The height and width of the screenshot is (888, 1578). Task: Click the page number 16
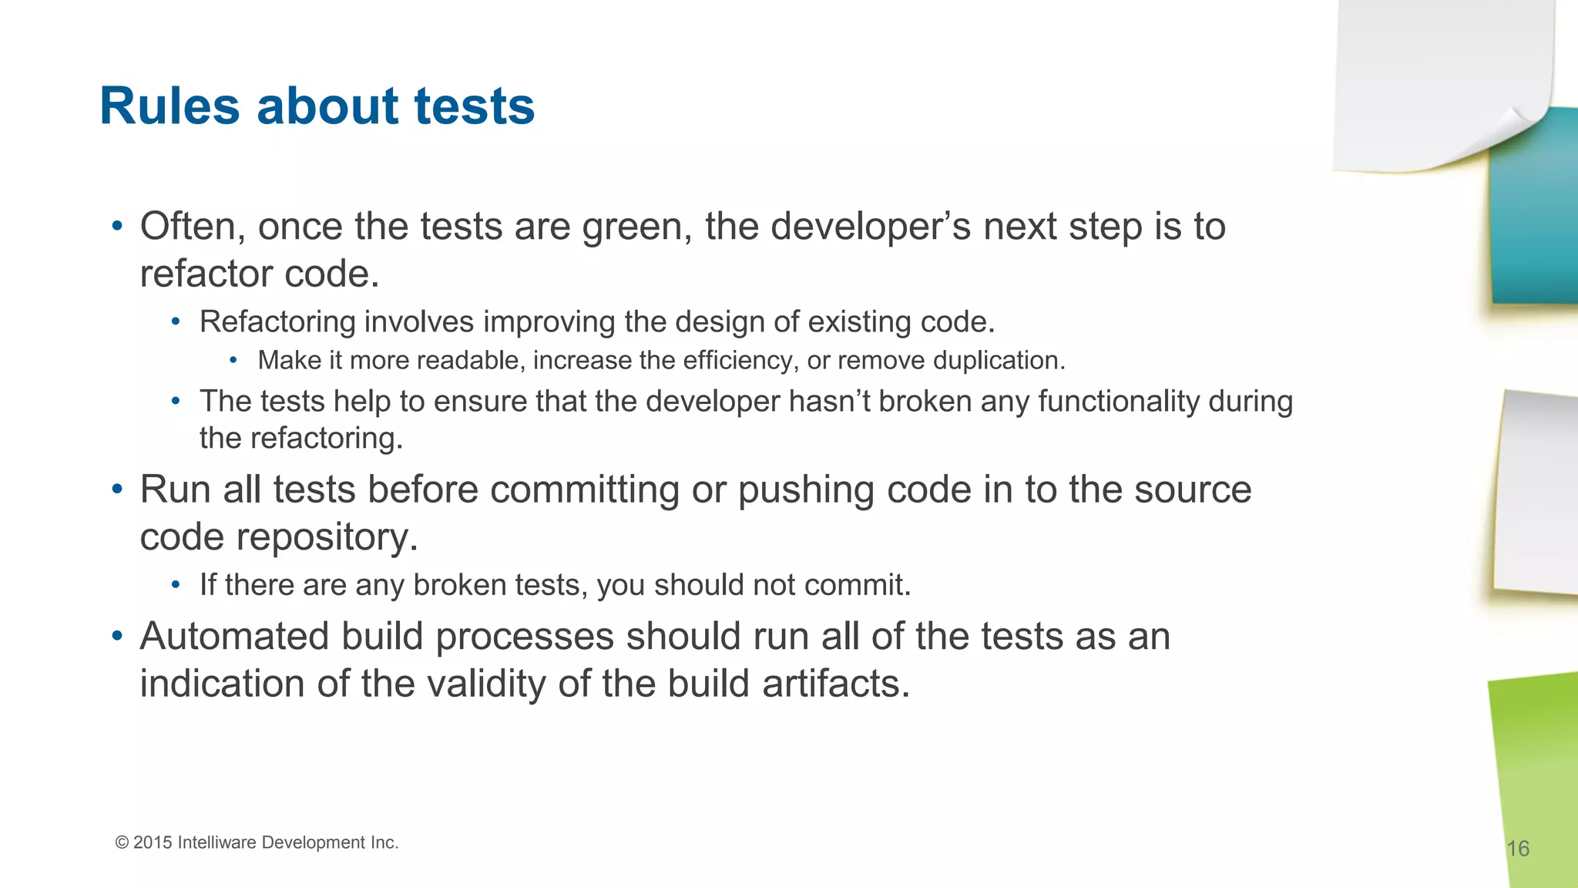[1517, 849]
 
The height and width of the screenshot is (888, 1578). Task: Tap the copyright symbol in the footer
[122, 843]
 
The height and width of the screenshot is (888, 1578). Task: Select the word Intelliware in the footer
[217, 843]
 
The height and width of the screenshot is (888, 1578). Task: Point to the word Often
[193, 227]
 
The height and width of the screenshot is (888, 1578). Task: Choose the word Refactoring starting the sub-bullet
[277, 322]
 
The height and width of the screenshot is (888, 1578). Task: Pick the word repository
[327, 537]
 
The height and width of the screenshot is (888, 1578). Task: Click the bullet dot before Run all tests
[117, 489]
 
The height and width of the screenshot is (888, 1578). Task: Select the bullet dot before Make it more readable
[233, 361]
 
